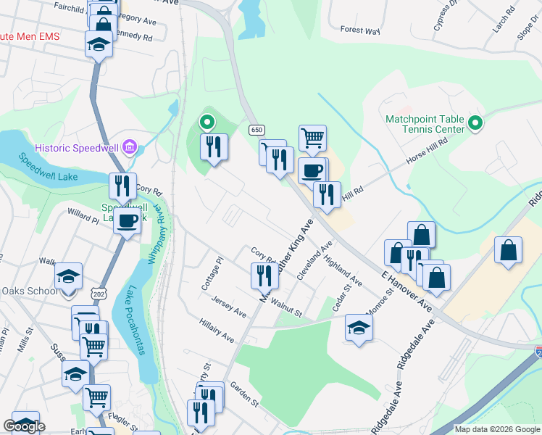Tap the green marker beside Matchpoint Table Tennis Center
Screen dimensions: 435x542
point(475,124)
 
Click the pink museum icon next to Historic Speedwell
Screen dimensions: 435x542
point(130,149)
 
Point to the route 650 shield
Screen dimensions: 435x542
point(256,130)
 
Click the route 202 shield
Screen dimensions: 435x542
point(99,292)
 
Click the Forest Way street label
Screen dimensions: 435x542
point(359,31)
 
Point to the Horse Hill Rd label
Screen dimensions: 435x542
point(428,149)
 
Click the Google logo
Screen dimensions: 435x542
point(25,426)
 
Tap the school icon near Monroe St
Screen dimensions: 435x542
point(359,328)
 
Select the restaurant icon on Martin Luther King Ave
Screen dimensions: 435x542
point(264,275)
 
